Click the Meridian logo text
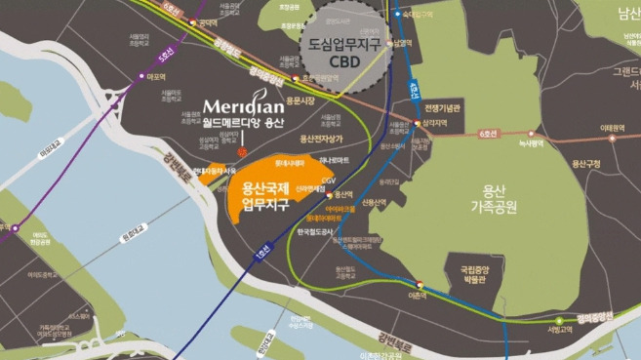pyautogui.click(x=245, y=106)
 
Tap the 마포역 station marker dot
pyautogui.click(x=139, y=78)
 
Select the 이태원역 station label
pyautogui.click(x=613, y=126)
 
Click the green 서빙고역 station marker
pyautogui.click(x=559, y=320)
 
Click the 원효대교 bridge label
pyautogui.click(x=127, y=235)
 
